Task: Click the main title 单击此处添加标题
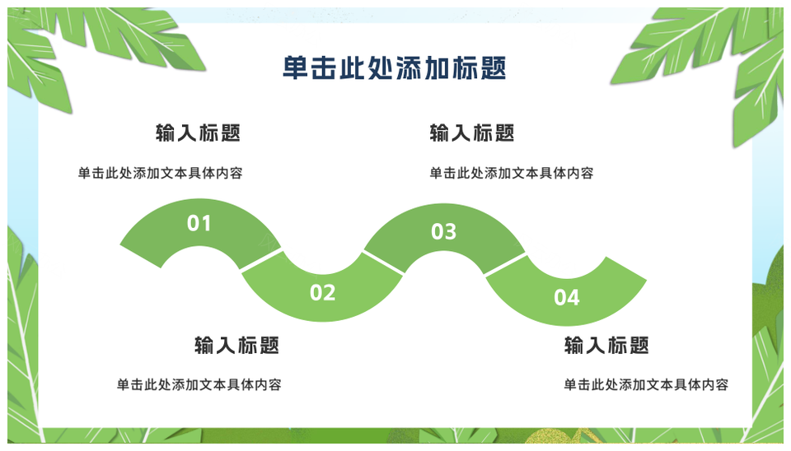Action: [394, 68]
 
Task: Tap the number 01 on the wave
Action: [199, 223]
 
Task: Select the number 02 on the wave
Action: [322, 293]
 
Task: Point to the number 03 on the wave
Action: [443, 232]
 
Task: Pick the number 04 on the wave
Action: [567, 298]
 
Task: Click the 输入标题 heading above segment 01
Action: [198, 133]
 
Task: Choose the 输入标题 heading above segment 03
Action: [471, 133]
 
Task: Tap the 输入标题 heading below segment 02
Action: [236, 346]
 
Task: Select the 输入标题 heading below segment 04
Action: [606, 346]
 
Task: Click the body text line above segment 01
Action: [160, 174]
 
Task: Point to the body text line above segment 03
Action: [511, 174]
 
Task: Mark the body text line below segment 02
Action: [199, 385]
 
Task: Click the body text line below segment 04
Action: [646, 385]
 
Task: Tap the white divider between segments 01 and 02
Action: [261, 260]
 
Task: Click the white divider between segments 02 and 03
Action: [383, 263]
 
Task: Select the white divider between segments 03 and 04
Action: [505, 264]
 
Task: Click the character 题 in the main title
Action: [493, 68]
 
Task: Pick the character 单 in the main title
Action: [296, 68]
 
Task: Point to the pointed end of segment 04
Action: [646, 279]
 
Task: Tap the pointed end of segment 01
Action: [120, 245]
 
